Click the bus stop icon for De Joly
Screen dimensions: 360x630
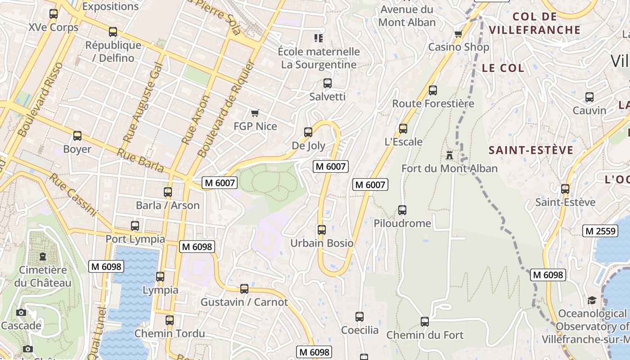(x=308, y=132)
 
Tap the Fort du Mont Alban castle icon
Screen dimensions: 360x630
(x=449, y=155)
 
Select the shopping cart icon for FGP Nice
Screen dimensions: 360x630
(x=255, y=113)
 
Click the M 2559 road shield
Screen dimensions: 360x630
(x=600, y=231)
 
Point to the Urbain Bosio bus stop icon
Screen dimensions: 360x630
(x=321, y=230)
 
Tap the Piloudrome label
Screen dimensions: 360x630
(x=402, y=223)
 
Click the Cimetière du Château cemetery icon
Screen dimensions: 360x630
(x=43, y=256)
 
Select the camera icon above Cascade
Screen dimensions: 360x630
(x=21, y=312)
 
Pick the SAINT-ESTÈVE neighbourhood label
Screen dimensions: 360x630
(x=531, y=150)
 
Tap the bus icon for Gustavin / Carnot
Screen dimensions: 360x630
(x=244, y=288)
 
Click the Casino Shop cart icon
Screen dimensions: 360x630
(x=458, y=34)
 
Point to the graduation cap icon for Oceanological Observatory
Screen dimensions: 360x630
(x=592, y=300)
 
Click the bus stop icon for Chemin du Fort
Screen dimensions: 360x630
(x=424, y=322)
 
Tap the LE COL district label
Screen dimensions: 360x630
(x=503, y=68)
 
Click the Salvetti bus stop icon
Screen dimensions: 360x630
(x=328, y=83)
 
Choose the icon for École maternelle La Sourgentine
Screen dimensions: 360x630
(x=319, y=38)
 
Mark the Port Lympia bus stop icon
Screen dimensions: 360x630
(x=135, y=226)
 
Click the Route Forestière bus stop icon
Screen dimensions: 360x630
(x=433, y=90)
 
